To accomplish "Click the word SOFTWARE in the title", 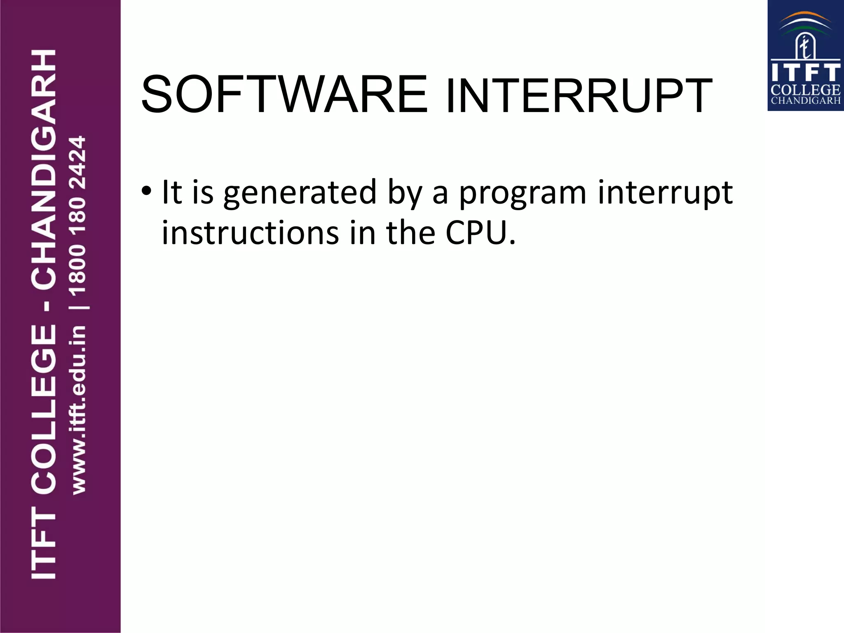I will coord(284,95).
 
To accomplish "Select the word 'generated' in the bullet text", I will coord(300,193).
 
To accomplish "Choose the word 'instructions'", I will coord(251,233).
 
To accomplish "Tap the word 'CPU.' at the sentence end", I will coord(481,233).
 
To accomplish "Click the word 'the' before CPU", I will coord(410,233).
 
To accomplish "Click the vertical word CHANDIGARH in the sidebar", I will coord(44,169).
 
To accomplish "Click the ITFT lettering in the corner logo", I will coord(805,73).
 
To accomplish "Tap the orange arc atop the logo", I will coord(805,16).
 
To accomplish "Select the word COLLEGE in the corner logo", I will coord(805,90).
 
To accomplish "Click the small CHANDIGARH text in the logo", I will coord(805,101).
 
